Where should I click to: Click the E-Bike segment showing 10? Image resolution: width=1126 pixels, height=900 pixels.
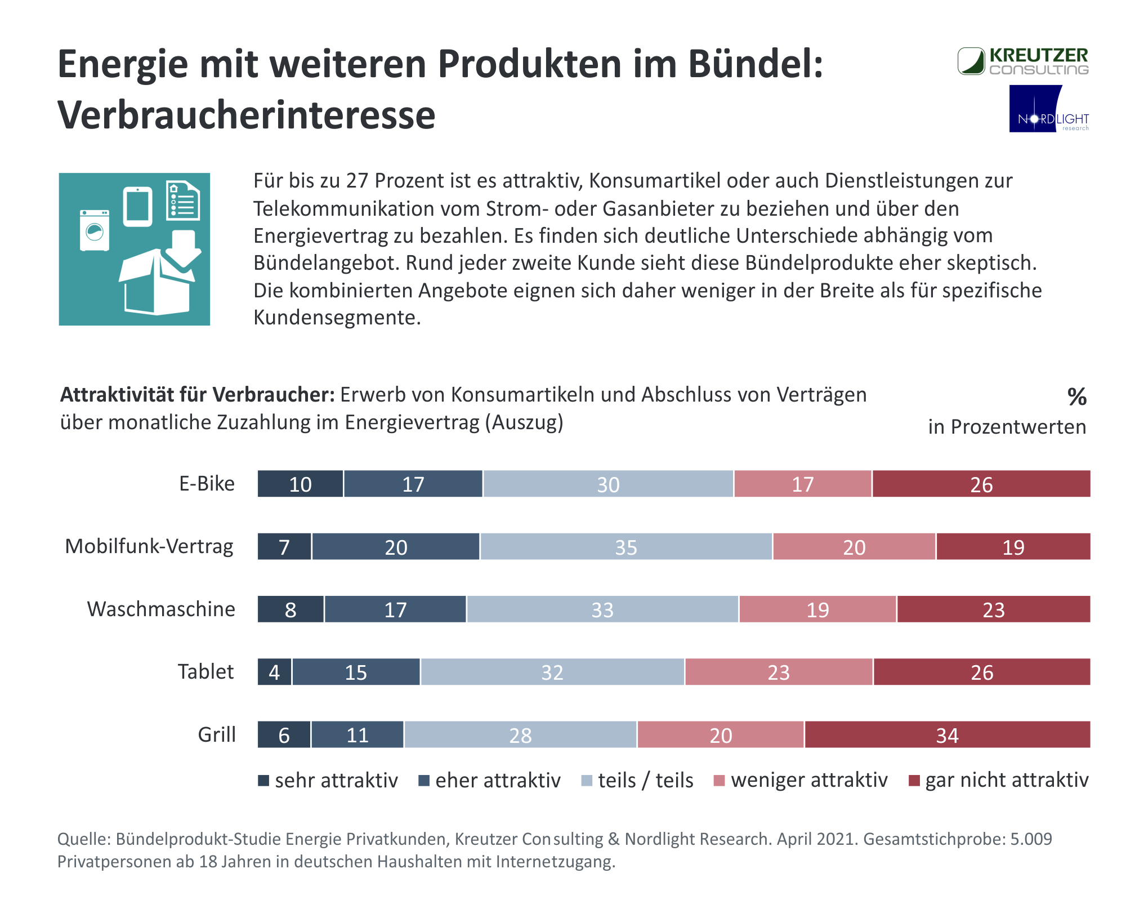point(300,484)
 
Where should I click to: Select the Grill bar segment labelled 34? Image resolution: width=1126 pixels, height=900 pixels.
point(948,734)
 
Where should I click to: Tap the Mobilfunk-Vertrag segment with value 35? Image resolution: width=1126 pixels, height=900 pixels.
point(626,546)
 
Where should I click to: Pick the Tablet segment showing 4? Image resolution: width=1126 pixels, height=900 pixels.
point(275,672)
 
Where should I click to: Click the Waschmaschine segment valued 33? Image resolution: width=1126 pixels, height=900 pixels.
point(602,609)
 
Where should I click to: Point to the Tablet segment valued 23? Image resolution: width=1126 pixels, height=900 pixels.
point(779,672)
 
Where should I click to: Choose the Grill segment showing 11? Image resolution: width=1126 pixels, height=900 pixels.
point(358,734)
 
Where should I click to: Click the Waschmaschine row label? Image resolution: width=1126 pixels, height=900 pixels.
point(161,609)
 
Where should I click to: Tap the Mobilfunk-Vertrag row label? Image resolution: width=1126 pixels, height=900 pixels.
point(149,546)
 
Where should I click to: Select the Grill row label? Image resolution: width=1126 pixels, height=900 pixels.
point(217,735)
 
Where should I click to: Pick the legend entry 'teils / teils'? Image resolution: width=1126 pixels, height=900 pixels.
point(637,781)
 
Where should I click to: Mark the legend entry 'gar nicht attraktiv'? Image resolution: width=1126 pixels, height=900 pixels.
point(999,781)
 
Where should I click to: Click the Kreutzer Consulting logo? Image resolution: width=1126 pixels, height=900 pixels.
point(1023,61)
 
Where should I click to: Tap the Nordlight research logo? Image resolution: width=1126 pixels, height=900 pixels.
point(1049,109)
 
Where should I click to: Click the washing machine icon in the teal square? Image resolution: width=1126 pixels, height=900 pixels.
point(95,230)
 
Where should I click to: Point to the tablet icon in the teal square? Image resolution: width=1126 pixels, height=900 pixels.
point(138,206)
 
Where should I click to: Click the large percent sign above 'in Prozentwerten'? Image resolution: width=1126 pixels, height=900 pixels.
point(1076,397)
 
